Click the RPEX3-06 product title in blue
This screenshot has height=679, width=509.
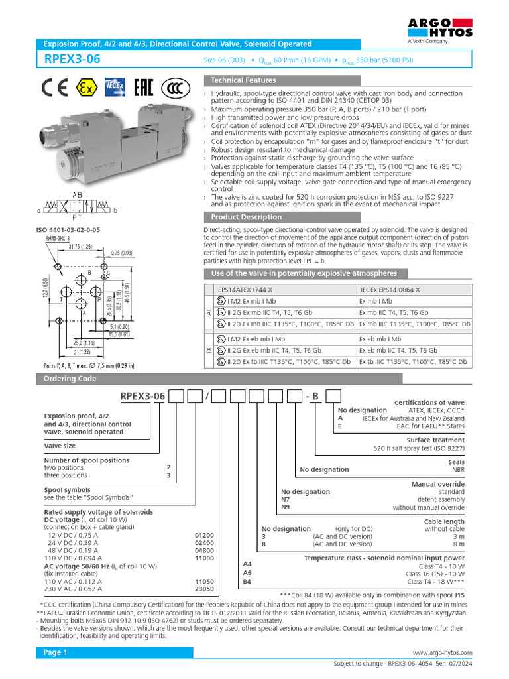(72, 59)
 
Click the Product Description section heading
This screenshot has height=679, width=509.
(246, 217)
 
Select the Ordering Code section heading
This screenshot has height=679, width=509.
(70, 379)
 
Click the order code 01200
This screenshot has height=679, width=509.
(204, 534)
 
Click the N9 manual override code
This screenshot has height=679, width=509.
(286, 507)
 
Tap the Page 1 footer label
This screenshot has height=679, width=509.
(56, 652)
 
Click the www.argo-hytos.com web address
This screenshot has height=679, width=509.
(442, 653)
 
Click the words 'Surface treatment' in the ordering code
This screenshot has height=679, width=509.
(435, 440)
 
